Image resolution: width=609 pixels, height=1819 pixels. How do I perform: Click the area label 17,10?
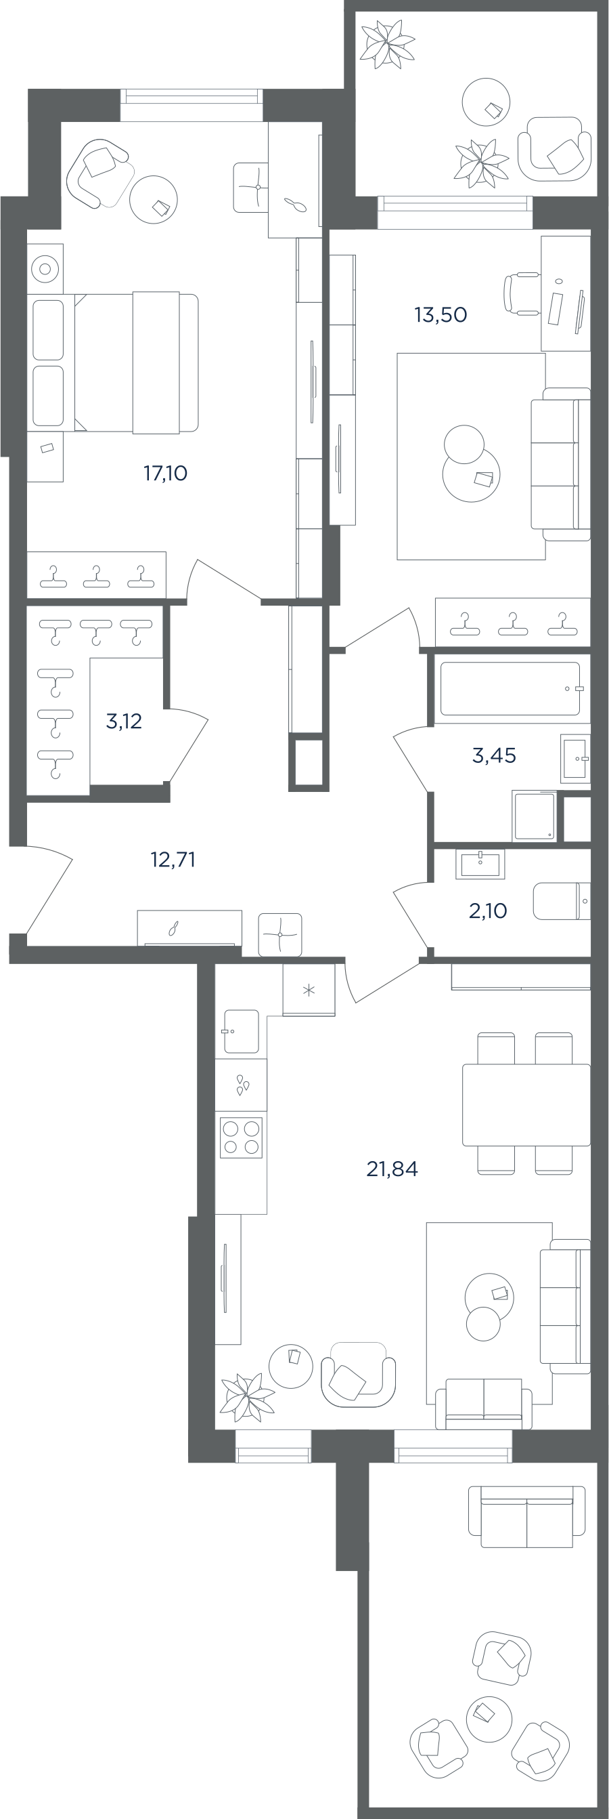tap(165, 473)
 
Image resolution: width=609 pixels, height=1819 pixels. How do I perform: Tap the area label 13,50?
tap(441, 314)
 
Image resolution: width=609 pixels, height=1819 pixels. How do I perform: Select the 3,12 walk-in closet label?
tap(124, 721)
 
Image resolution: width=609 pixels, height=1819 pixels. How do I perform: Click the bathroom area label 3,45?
tap(494, 755)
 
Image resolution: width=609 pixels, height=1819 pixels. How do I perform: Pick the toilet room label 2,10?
tap(488, 911)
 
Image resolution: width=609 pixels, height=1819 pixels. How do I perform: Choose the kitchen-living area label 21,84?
tap(392, 1169)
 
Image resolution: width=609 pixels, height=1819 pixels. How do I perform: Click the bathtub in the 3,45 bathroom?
tap(510, 688)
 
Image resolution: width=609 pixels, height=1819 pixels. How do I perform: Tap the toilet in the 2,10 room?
tap(562, 901)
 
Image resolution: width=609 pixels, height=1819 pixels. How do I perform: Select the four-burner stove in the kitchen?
tap(242, 1137)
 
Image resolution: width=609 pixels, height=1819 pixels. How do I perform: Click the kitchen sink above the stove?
tap(241, 1032)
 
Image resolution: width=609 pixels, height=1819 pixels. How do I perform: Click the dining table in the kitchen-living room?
tap(526, 1104)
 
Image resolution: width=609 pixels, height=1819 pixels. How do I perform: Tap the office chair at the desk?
tap(522, 294)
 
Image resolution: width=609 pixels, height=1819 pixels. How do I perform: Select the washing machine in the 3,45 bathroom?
tap(534, 816)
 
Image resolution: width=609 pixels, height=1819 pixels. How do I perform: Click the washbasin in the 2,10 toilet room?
tap(480, 864)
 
